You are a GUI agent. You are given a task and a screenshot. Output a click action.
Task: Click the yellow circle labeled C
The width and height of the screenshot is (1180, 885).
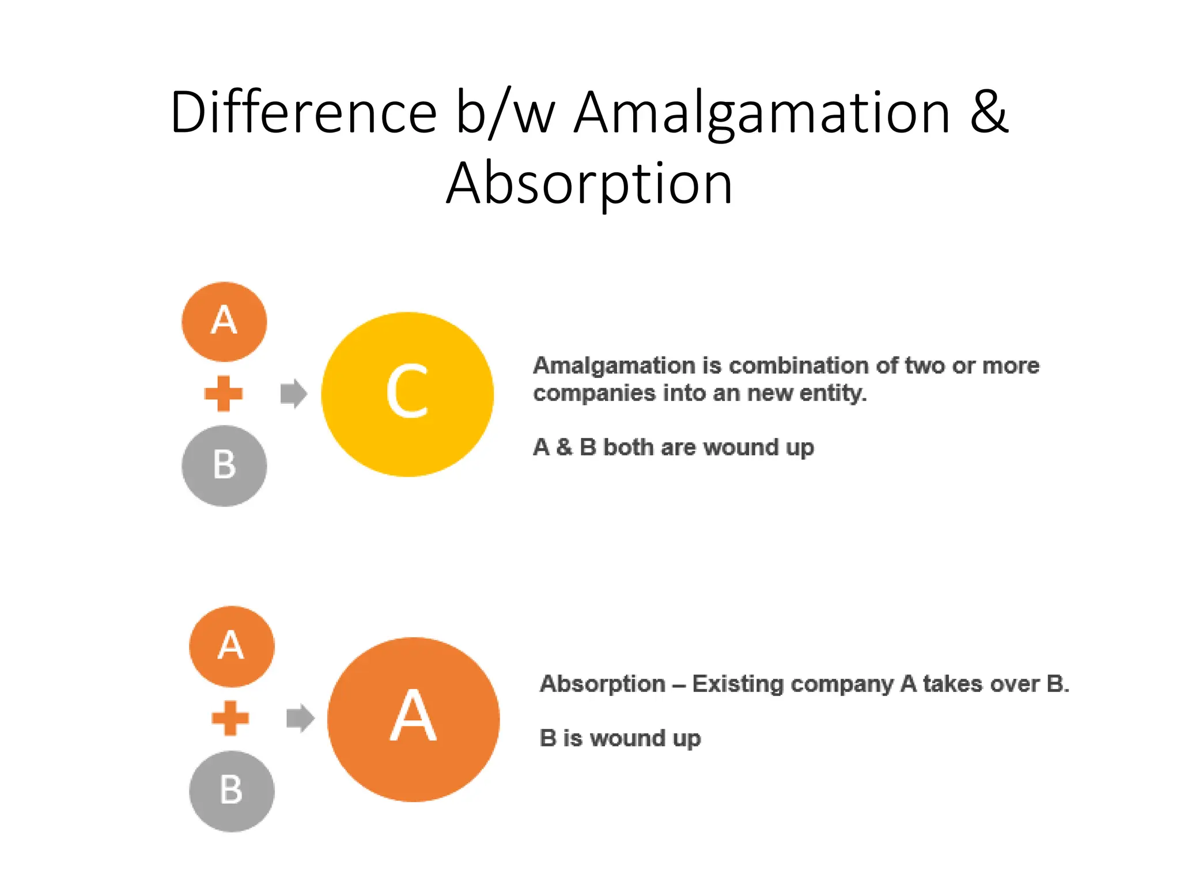tap(407, 394)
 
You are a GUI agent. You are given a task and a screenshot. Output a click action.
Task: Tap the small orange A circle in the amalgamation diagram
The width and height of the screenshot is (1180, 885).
tap(224, 322)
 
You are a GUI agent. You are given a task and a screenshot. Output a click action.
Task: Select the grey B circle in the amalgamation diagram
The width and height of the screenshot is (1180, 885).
tap(224, 466)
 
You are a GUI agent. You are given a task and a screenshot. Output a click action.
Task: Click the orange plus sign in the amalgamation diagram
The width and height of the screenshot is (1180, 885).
tap(224, 394)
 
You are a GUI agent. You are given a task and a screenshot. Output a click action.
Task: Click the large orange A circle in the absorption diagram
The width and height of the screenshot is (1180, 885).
tap(413, 719)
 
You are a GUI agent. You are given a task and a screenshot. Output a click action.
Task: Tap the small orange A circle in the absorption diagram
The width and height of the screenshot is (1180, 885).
tap(232, 646)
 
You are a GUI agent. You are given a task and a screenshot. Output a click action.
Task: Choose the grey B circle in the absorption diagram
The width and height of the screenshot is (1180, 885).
tap(232, 791)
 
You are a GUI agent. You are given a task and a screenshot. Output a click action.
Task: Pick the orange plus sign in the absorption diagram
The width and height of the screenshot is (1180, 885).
tap(230, 718)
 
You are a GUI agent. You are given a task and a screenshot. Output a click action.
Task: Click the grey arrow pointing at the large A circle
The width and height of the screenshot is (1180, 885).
tap(300, 718)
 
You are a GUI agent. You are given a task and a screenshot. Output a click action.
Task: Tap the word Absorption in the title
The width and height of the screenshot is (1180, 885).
tap(589, 183)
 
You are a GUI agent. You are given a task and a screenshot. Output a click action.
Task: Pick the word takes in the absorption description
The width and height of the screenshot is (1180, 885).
tap(952, 684)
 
